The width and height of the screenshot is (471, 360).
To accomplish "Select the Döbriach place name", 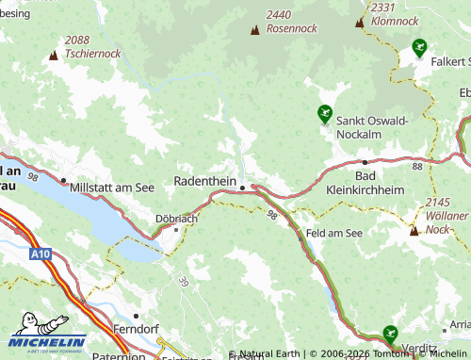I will coord(176,218).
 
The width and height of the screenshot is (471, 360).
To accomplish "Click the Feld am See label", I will coord(333,232).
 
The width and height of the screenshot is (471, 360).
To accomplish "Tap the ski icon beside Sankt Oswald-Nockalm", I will coord(325,113).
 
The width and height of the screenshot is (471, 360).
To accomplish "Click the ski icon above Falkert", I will coord(419,45).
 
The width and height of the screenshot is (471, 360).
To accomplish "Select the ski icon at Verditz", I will coord(390,333).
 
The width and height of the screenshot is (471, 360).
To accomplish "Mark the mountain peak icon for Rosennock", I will coord(254,30).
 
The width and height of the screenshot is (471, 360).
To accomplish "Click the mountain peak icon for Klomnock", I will coord(359,22).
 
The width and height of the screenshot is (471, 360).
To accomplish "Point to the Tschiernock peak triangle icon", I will coord(53,57).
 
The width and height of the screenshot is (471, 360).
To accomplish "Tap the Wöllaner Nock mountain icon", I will coord(414,230).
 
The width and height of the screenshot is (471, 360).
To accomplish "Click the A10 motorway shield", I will coord(40,254).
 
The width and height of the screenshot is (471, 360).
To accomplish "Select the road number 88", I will coord(416,166).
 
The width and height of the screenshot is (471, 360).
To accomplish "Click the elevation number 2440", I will coord(280,14).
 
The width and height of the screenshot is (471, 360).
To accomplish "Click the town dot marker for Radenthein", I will coord(242,188).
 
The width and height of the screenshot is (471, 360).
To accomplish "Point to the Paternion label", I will coord(119,356).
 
